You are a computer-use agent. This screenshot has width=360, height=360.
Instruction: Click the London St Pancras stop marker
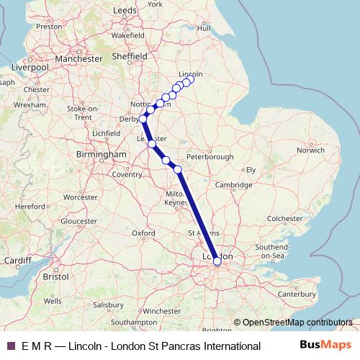point(217,261)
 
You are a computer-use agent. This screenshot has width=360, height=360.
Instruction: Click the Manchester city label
point(80,58)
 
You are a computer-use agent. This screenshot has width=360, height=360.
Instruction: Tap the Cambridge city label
point(232,185)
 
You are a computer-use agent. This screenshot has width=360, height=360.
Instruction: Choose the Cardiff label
point(17,260)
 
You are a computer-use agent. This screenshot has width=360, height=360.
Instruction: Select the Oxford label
point(143,233)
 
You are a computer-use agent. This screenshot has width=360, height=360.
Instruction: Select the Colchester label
point(286,217)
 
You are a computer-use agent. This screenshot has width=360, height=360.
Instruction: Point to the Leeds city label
point(125,11)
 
